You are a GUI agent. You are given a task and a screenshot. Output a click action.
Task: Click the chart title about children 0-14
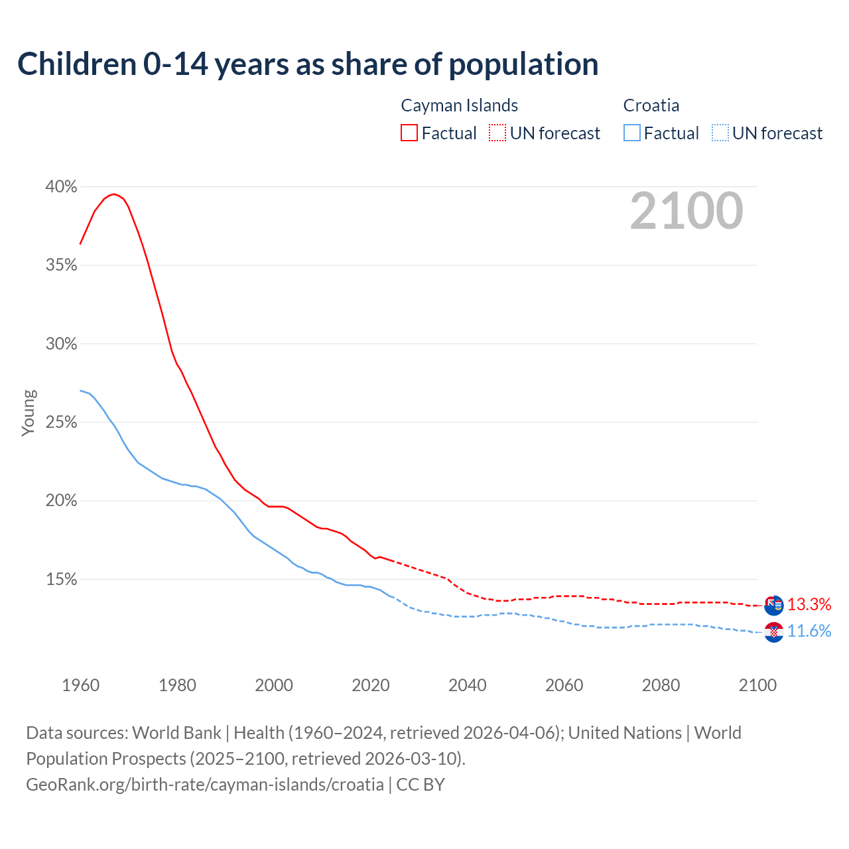(308, 64)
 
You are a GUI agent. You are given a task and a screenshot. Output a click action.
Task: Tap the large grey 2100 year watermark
(686, 211)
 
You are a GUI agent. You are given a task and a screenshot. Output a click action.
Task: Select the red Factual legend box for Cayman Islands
(409, 133)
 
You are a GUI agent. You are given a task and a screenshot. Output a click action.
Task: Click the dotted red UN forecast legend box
(497, 133)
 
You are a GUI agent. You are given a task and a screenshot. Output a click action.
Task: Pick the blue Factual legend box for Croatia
(632, 133)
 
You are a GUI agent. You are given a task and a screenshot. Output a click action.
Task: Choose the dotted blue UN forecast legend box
(720, 133)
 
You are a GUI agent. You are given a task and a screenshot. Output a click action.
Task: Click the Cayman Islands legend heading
(459, 105)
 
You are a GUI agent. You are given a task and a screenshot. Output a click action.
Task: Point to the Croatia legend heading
(651, 105)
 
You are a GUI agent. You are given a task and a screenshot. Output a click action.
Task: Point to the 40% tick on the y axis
(61, 187)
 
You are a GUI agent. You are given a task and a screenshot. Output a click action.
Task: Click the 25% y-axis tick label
(61, 423)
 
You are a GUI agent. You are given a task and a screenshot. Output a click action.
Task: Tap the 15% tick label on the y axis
(61, 580)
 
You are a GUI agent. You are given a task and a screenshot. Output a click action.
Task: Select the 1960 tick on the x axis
(80, 685)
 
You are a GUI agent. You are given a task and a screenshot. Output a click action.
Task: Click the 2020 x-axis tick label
(371, 685)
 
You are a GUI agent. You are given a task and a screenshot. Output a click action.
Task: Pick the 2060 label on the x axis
(564, 685)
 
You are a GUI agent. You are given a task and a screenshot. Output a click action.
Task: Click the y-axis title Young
(29, 413)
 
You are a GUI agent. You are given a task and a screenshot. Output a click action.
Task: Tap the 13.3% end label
(809, 604)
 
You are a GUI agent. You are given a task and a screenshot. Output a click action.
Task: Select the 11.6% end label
(809, 631)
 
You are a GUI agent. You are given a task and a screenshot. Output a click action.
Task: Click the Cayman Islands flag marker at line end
(774, 605)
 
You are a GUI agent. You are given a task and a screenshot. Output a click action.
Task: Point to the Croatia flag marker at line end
(774, 632)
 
